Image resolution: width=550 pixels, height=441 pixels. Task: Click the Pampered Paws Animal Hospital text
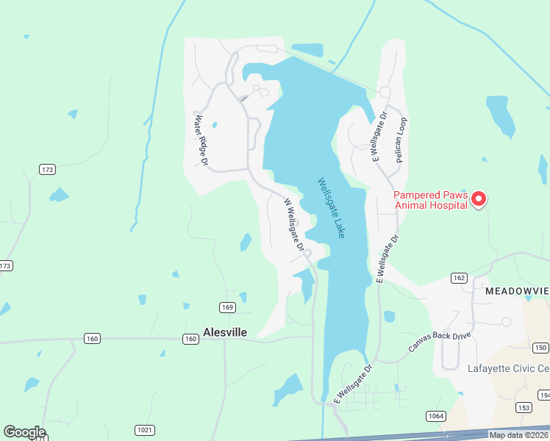(430, 200)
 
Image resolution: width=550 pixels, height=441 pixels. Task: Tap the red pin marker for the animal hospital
(479, 198)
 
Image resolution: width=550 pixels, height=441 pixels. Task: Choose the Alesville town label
(225, 332)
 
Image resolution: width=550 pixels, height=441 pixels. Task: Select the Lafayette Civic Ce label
(508, 369)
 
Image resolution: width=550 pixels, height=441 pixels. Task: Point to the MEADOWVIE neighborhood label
(517, 292)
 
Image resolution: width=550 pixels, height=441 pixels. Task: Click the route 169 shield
(226, 307)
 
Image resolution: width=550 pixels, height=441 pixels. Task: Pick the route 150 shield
(540, 348)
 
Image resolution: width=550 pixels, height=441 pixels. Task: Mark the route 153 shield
(524, 407)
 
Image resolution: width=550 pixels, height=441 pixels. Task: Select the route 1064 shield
(436, 416)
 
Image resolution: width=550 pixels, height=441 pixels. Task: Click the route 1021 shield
(144, 429)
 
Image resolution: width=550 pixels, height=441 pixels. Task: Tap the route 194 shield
(544, 395)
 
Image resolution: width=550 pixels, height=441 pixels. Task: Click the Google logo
(24, 432)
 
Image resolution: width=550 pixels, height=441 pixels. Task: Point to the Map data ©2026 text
(518, 435)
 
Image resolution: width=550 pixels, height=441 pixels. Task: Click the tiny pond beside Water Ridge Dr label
(214, 125)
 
